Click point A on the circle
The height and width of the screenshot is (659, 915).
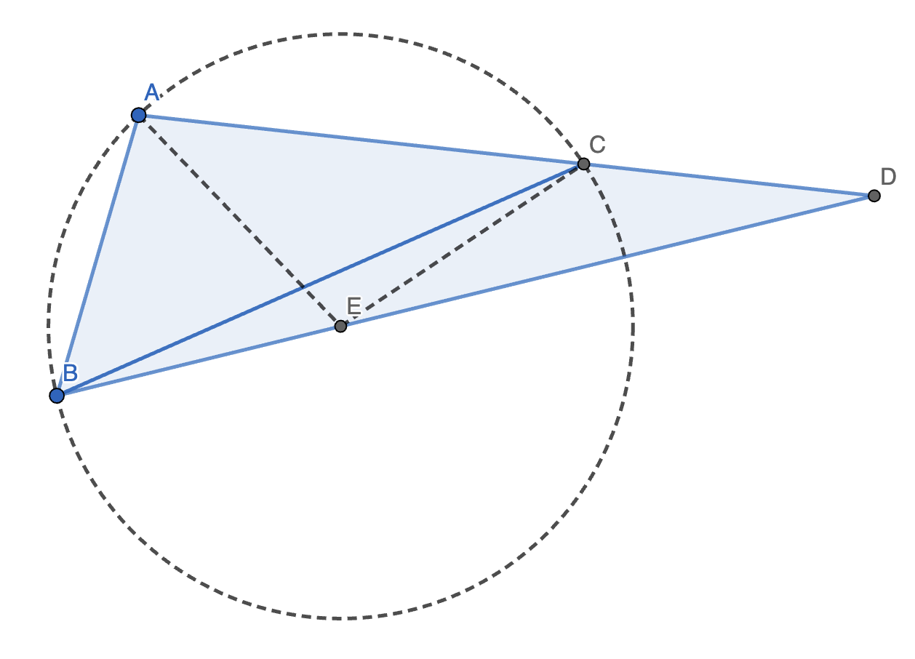138,115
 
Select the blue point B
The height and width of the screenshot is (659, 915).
57,396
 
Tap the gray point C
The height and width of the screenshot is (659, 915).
583,164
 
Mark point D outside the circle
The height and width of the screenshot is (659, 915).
874,196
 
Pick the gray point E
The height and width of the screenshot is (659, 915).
340,326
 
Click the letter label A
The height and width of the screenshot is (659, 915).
151,92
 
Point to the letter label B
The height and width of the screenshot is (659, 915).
70,373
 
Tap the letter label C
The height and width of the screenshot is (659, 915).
597,145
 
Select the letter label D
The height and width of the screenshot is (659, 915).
888,177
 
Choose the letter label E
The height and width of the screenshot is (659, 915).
354,306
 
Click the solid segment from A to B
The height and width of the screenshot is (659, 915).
97,255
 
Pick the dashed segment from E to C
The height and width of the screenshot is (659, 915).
462,245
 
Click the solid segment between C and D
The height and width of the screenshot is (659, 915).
727,180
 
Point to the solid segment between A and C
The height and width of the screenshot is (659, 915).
361,140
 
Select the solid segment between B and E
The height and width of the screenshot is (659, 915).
199,361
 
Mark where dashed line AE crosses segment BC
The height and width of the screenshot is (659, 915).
303,287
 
